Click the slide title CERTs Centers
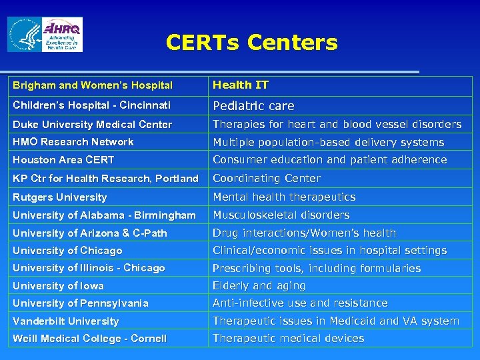[x=251, y=43]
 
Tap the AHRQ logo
[x=62, y=35]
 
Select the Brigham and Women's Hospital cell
[x=93, y=85]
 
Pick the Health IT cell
[x=241, y=85]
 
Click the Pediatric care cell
[x=253, y=106]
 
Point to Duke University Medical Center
[x=92, y=125]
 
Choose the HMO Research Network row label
[x=73, y=142]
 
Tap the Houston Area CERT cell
[x=63, y=160]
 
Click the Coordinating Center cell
[x=267, y=179]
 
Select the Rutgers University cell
[x=60, y=197]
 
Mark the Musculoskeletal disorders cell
[x=281, y=215]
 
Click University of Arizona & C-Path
[x=90, y=233]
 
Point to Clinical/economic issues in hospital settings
[x=329, y=251]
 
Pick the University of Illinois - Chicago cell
[x=89, y=268]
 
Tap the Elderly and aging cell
[x=259, y=286]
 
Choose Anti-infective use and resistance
[x=300, y=303]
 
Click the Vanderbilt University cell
[x=65, y=321]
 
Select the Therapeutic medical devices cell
[x=288, y=339]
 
